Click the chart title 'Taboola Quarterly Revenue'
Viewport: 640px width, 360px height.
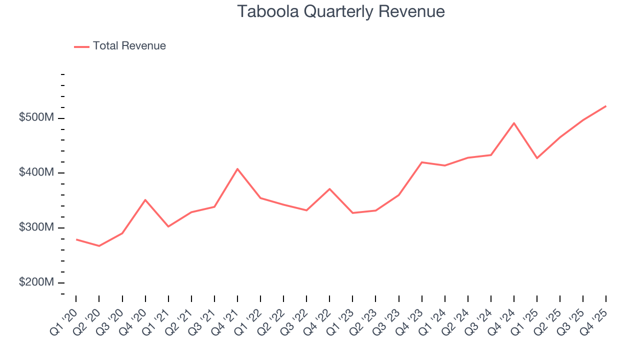coord(341,11)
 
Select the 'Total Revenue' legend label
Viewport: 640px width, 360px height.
coord(129,46)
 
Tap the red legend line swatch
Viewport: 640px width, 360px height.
coord(81,46)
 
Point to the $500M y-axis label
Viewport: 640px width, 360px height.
coord(36,117)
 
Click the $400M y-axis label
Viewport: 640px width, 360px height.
coord(36,172)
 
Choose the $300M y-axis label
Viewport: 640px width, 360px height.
coord(36,227)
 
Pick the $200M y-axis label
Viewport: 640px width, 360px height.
coord(36,282)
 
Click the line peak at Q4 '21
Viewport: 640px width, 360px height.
coord(237,168)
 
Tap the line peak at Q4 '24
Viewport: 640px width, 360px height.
coord(514,123)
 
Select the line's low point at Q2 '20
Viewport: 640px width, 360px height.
coord(99,246)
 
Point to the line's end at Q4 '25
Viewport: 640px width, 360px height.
coord(606,106)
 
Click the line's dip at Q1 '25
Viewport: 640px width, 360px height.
coord(537,158)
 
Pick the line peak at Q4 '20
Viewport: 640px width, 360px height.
coord(145,200)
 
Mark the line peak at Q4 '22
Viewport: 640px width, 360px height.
coord(329,189)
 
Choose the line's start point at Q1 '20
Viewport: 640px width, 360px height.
coord(76,239)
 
